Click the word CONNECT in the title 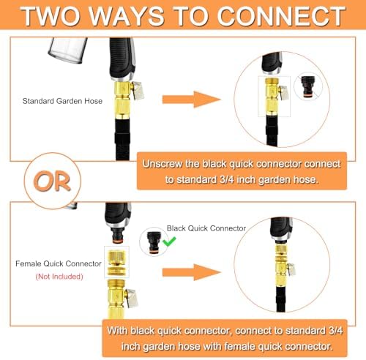[281, 16]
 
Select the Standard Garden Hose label [62, 101]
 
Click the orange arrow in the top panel [192, 100]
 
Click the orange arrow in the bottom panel [192, 272]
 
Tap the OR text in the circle [52, 181]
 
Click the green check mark [169, 241]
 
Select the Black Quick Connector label [206, 228]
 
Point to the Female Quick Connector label [59, 263]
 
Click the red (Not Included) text [59, 277]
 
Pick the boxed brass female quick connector [116, 262]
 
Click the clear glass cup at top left [68, 50]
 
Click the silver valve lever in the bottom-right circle [291, 269]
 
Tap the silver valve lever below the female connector [132, 297]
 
